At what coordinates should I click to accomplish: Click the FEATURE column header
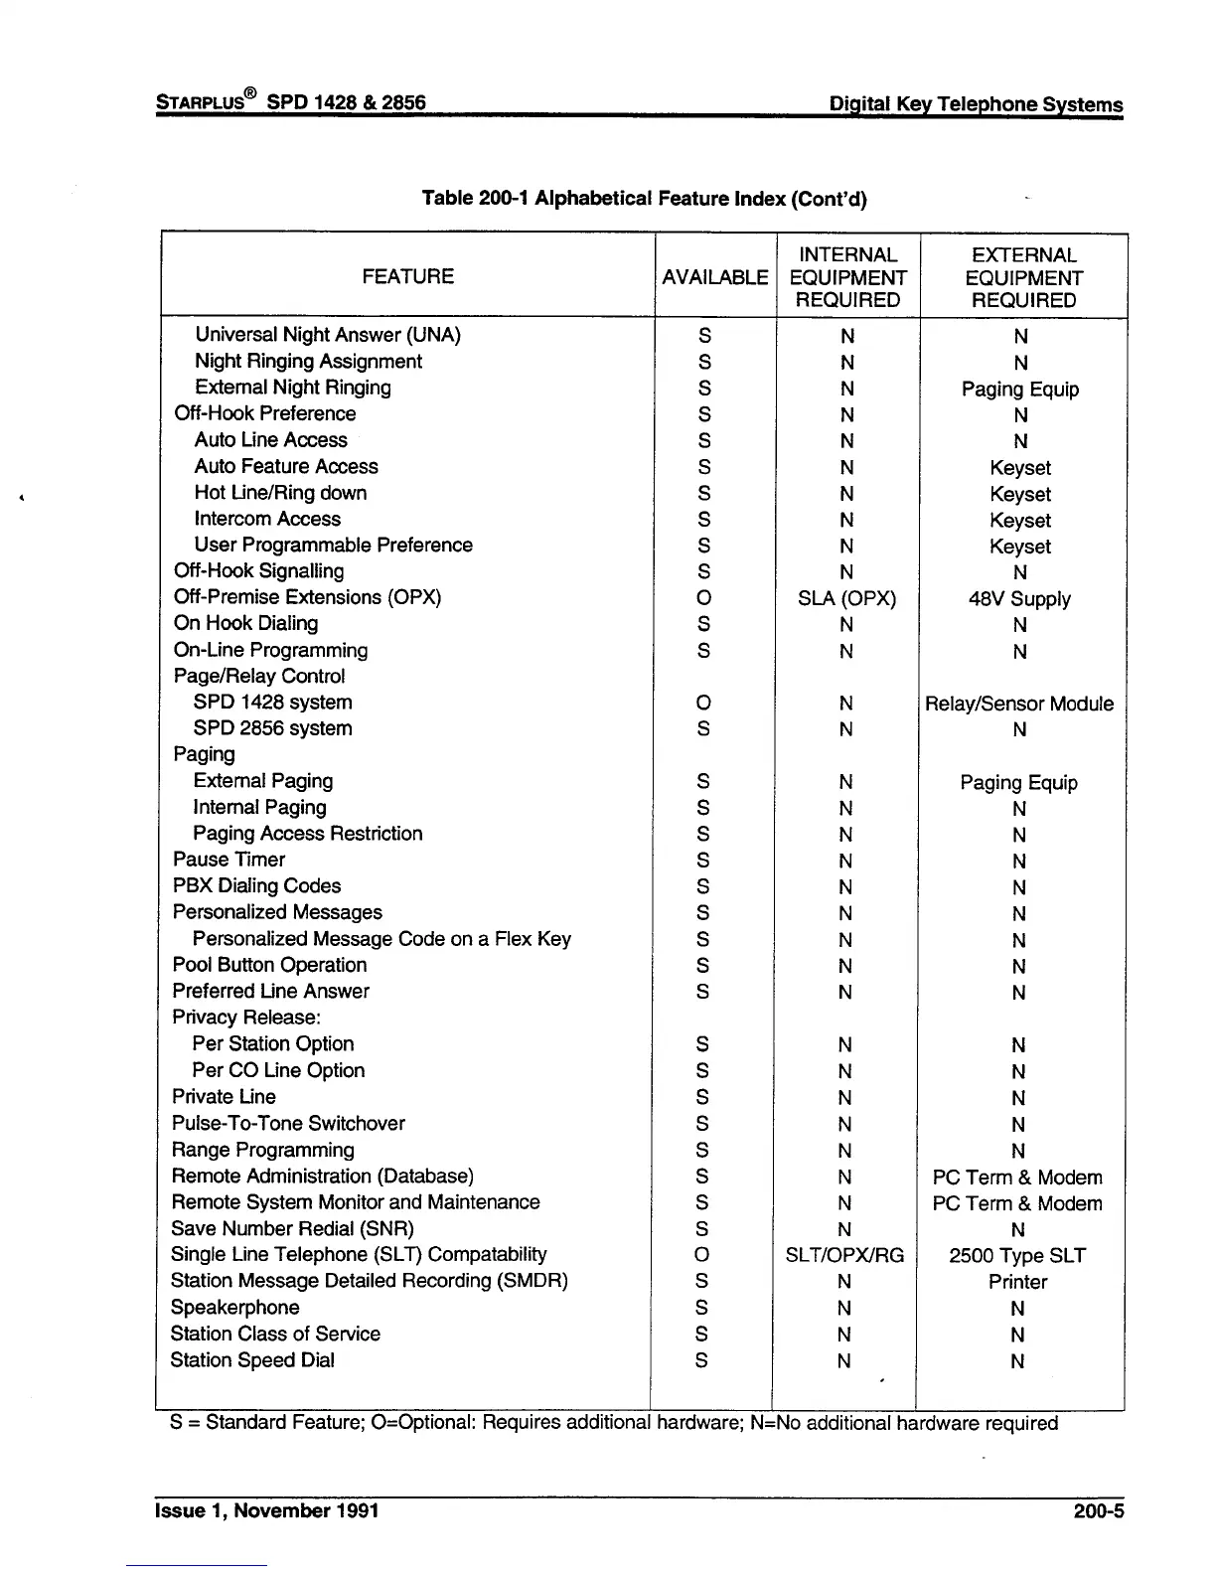coord(407,276)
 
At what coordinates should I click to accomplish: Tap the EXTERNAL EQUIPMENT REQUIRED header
coord(1023,277)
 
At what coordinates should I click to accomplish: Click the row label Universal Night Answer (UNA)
coord(327,335)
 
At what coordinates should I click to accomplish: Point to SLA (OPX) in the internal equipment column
coord(846,598)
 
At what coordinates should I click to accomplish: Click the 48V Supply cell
coord(1019,599)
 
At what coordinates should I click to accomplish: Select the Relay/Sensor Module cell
coord(1019,704)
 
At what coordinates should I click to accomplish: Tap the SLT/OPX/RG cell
coord(844,1255)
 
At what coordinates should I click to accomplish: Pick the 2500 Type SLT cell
coord(1017,1255)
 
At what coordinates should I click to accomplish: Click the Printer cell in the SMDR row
coord(1017,1282)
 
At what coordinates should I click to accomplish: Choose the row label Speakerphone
coord(234,1308)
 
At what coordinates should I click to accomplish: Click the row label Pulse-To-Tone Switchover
coord(288,1124)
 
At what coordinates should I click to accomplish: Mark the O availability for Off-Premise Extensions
coord(703,598)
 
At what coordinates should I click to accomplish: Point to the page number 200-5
coord(1098,1511)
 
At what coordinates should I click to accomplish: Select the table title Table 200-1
coord(644,198)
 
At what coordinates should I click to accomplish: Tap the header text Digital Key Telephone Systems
coord(976,104)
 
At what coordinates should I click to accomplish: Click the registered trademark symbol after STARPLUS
coord(250,93)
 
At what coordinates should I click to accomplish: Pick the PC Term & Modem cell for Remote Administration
coord(1017,1178)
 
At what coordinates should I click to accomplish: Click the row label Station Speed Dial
coord(252,1360)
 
